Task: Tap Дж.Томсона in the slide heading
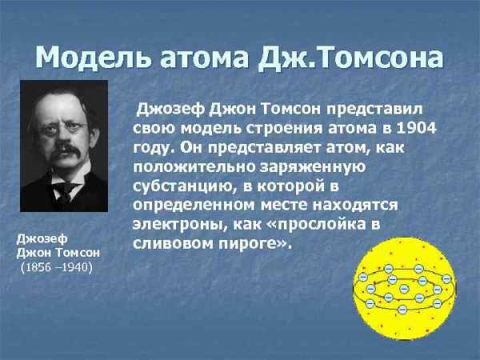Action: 350,58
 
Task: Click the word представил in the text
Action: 374,110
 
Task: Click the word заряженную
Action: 313,168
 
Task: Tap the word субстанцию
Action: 183,186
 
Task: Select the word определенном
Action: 194,206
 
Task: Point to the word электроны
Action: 181,225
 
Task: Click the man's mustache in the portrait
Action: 66,151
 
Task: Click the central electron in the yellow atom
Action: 404,288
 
